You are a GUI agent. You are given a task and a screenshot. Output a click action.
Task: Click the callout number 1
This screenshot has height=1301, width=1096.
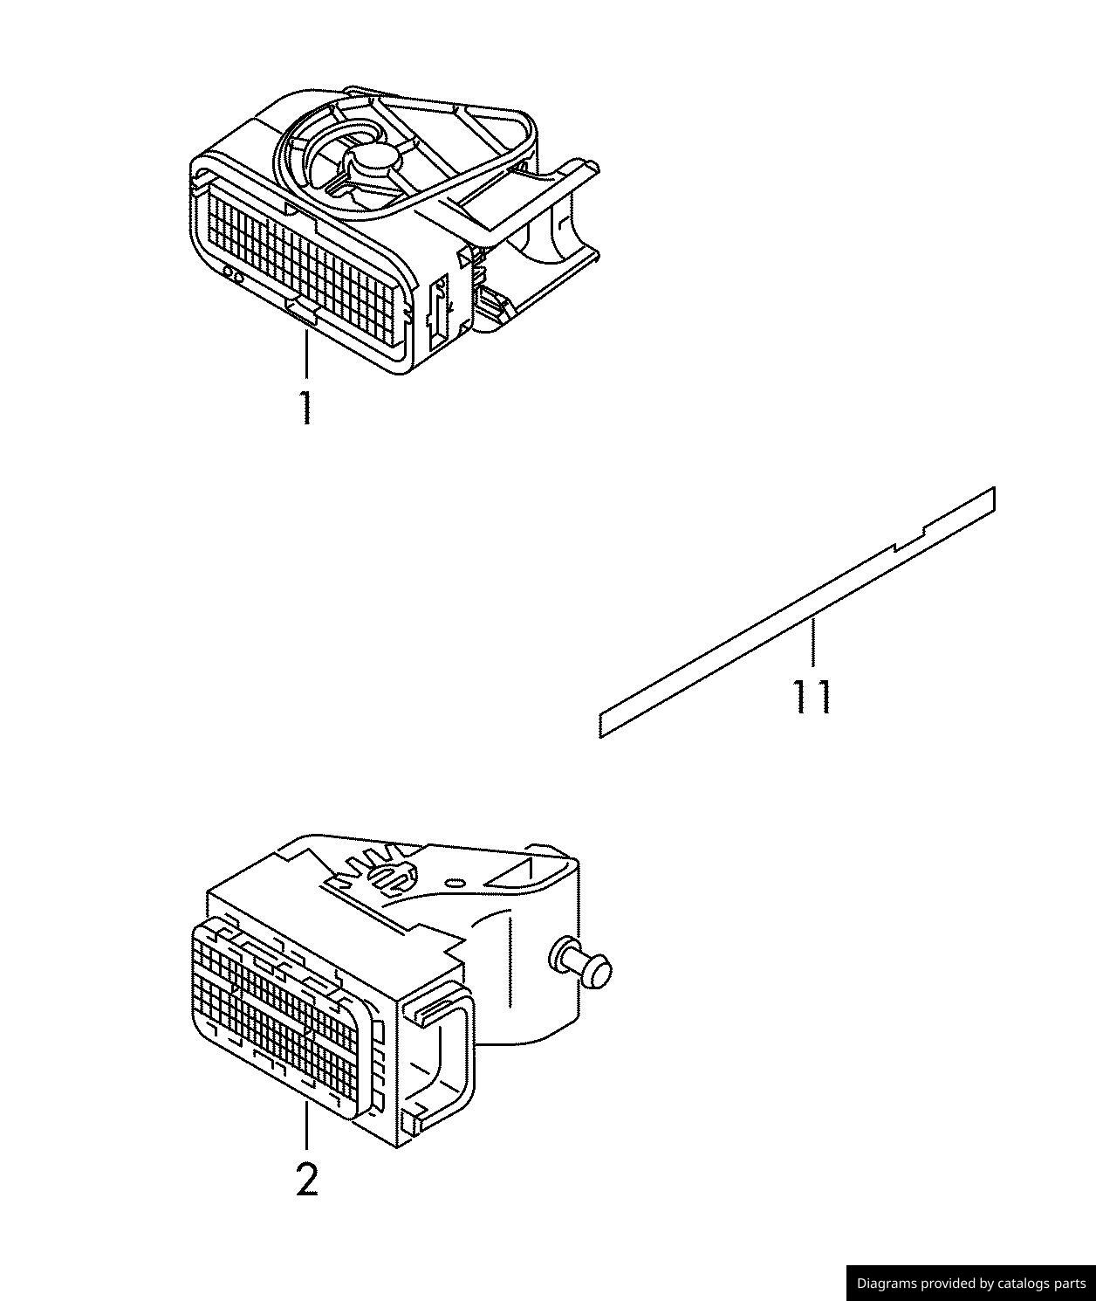(305, 408)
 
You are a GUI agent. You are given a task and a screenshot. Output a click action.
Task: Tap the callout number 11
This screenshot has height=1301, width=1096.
(812, 697)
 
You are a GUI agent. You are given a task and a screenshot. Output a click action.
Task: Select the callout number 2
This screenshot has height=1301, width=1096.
(307, 1181)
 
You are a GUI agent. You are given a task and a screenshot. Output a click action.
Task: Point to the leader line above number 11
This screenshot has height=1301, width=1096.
(812, 643)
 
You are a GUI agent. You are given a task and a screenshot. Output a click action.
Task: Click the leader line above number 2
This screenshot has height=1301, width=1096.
(307, 1125)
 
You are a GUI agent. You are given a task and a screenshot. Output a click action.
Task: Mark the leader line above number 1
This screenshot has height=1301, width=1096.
(306, 354)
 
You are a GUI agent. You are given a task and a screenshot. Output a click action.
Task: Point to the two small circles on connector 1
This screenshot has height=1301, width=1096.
(233, 275)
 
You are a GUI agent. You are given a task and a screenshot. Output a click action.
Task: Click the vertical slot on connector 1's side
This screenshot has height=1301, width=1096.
(438, 305)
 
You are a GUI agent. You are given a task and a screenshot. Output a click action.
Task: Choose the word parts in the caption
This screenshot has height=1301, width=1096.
(1068, 1283)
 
